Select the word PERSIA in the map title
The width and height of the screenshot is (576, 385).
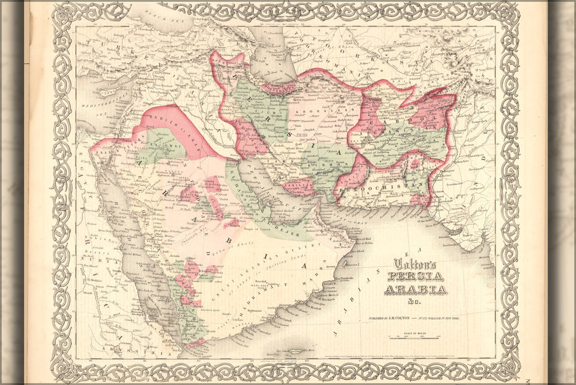pos(416,277)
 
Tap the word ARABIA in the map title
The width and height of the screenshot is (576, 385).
pos(415,290)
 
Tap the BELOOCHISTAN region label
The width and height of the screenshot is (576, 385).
pos(383,189)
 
